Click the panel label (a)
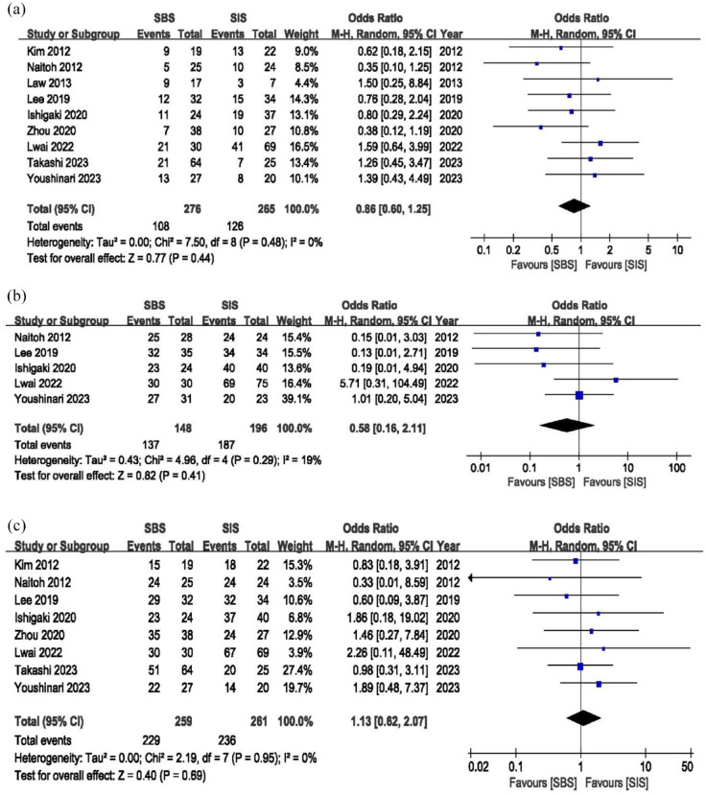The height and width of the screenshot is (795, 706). [x=13, y=11]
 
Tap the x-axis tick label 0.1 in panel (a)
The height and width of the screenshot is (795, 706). [x=482, y=249]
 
